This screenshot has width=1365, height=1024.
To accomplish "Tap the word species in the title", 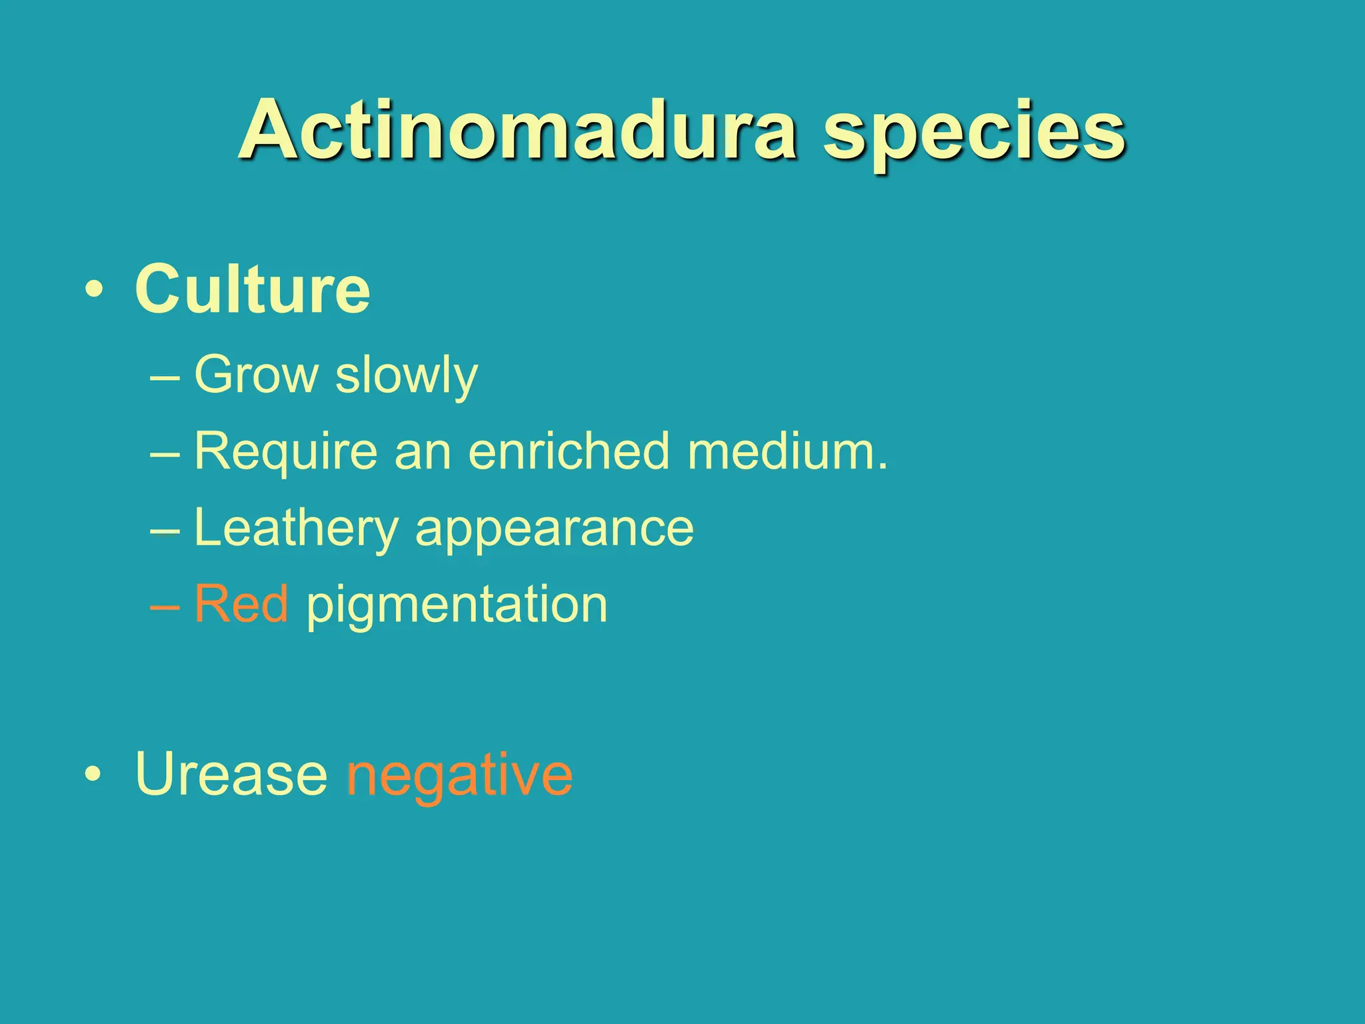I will pos(974,133).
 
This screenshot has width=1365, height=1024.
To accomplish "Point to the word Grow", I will pos(256,375).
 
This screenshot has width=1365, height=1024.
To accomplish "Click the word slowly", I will pos(407,377).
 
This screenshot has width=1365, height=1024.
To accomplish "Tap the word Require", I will pos(286,452).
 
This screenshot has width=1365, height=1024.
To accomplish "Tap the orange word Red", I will pos(241,604).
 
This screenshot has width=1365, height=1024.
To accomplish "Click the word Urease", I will pos(231,774).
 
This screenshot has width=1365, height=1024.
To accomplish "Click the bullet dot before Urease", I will pos(94,775).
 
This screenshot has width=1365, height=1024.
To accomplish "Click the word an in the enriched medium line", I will pos(423,453).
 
